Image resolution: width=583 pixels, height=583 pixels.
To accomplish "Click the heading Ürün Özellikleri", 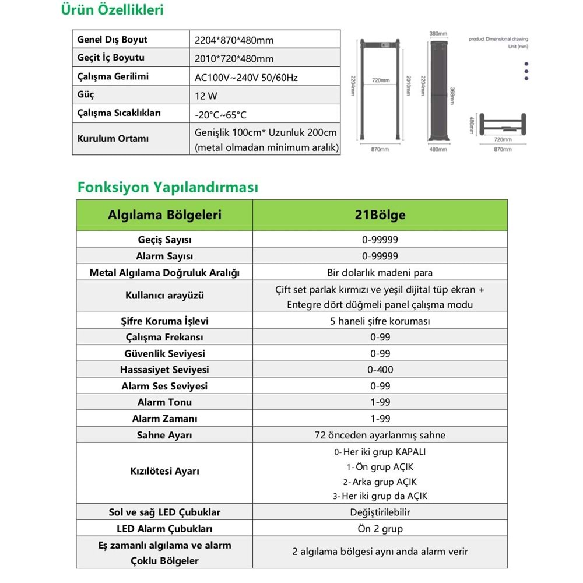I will [113, 10].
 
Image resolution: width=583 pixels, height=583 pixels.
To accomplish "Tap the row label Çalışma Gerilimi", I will [113, 76].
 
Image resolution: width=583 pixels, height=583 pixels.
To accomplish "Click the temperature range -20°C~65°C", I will [221, 114].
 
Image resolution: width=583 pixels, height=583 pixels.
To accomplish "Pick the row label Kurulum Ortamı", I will [113, 139].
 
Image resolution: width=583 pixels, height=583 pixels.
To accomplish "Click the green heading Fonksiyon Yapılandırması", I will [167, 187].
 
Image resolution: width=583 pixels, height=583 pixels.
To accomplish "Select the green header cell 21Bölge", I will [380, 215].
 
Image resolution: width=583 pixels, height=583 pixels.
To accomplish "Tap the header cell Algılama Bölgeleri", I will [164, 215].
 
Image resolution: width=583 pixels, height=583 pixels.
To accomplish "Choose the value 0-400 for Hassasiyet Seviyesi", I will [380, 370].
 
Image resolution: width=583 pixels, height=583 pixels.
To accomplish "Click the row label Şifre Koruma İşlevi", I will [164, 321].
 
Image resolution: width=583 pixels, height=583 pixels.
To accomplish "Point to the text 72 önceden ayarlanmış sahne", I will [380, 435].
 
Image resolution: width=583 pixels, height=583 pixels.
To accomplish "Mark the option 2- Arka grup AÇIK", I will [380, 482].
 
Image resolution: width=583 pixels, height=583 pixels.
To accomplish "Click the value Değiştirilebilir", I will [380, 512].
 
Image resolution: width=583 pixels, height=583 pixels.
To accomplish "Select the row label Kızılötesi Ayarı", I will [164, 471].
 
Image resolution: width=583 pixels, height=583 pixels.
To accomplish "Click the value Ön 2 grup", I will [380, 529].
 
